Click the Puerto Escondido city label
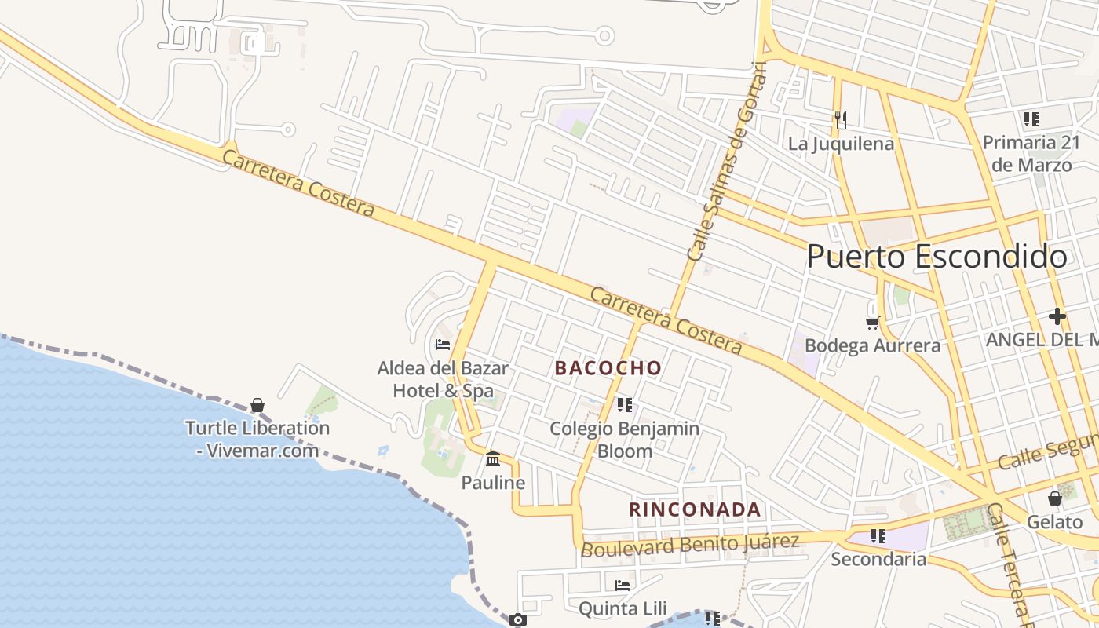click(x=937, y=257)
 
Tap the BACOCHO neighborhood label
click(x=608, y=367)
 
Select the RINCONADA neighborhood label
click(x=695, y=509)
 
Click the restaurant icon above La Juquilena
click(x=841, y=120)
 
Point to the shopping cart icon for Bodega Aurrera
click(x=872, y=323)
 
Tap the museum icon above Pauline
click(x=493, y=458)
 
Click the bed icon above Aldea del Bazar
click(x=443, y=344)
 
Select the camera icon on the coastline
click(x=517, y=620)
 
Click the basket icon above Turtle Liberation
click(x=257, y=405)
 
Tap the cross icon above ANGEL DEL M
click(x=1057, y=316)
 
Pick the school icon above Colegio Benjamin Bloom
click(x=624, y=405)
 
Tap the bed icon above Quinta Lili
click(x=623, y=585)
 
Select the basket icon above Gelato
click(x=1054, y=498)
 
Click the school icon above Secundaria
click(x=878, y=536)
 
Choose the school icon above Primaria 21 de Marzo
click(x=1031, y=119)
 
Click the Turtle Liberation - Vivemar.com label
click(x=257, y=439)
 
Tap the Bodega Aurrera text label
click(x=872, y=345)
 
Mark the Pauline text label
click(x=493, y=482)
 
